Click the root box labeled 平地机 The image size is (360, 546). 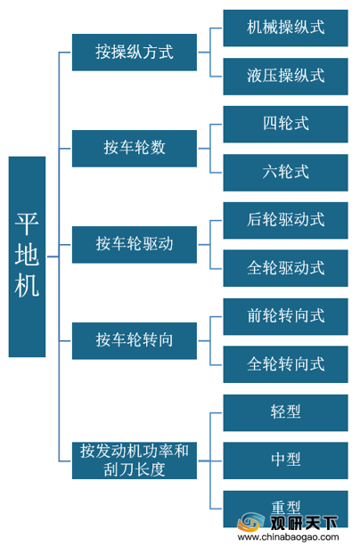point(27,257)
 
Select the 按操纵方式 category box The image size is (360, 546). point(135,53)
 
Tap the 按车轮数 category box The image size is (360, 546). point(135,149)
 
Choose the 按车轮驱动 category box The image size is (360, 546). point(135,244)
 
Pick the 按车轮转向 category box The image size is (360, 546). point(135,340)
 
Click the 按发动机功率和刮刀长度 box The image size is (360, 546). point(135,460)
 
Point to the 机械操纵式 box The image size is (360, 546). point(285,28)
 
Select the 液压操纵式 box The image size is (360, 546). point(285,77)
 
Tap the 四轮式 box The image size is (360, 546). point(285,125)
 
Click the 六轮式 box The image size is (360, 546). point(285,173)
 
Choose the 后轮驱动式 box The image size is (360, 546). point(285,220)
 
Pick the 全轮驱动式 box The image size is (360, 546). point(285,268)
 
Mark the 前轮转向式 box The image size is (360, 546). point(285,316)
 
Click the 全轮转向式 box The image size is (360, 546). point(285,364)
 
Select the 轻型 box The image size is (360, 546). point(285,412)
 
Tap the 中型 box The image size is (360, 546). point(285,460)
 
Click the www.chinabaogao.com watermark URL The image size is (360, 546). point(288,537)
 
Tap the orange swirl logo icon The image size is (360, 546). point(250,522)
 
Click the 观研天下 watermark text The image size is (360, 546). point(304,523)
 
